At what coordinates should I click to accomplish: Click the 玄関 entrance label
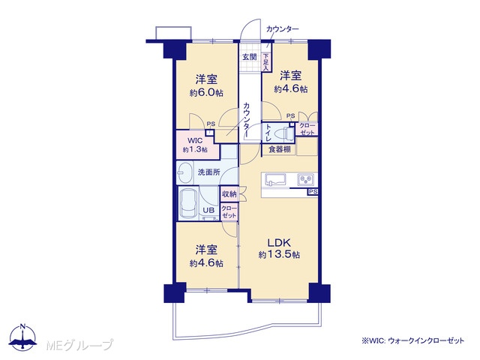pos(250,57)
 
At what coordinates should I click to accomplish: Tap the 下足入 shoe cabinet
pos(266,62)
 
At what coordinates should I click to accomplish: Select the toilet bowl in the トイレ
pos(282,133)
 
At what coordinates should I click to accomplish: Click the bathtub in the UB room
pos(188,202)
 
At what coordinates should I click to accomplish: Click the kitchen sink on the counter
pos(275,179)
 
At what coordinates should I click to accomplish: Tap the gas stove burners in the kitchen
pos(305,179)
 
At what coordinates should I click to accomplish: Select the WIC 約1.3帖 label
pos(195,145)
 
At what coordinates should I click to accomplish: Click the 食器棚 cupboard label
pos(279,149)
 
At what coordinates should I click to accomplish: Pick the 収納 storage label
pos(229,193)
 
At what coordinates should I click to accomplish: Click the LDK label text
pos(279,243)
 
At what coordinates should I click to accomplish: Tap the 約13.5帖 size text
pos(279,255)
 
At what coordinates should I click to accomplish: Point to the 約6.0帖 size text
pos(206,93)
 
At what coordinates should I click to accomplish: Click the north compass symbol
pos(23,338)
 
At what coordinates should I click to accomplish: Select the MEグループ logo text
pos(79,345)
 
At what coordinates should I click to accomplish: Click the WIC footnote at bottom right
pos(413,340)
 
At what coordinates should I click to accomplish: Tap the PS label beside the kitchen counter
pos(313,192)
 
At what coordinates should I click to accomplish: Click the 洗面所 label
pos(208,172)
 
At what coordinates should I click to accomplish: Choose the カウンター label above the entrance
pos(283,29)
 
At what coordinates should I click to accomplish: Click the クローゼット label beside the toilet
pos(307,129)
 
